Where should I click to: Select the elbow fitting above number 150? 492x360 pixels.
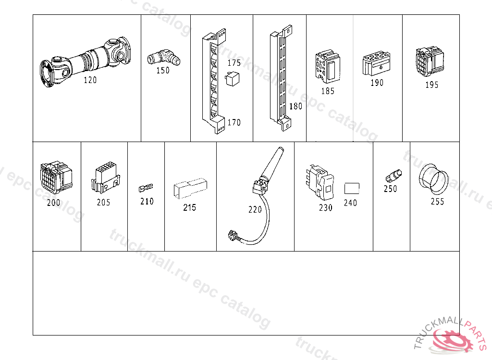pos(164,57)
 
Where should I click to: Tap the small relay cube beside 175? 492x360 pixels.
pos(232,79)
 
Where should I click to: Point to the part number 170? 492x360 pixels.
pos(234,122)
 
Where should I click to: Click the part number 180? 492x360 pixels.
pos(295,106)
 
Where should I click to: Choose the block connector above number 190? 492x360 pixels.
pos(376,64)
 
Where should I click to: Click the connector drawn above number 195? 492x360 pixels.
pos(430,62)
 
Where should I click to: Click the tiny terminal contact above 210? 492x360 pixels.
pos(146,188)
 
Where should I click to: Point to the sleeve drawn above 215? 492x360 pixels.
pos(190,189)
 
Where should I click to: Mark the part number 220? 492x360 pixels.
pos(255,209)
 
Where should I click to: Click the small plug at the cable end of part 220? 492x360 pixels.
pos(233,235)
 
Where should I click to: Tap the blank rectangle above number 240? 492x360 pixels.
pos(352,189)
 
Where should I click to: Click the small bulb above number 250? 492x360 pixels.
pos(394,176)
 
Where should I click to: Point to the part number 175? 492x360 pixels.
pos(234,63)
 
